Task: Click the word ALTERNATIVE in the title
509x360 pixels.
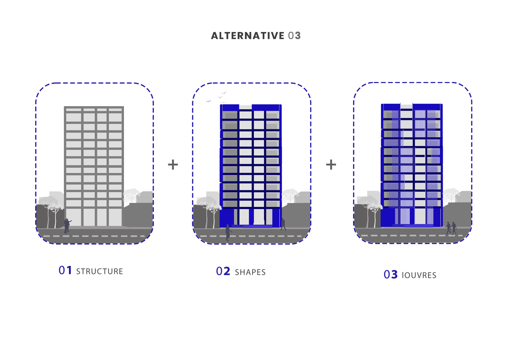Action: pyautogui.click(x=248, y=36)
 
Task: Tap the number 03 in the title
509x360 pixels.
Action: pyautogui.click(x=294, y=36)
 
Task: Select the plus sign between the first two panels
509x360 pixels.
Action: pyautogui.click(x=173, y=165)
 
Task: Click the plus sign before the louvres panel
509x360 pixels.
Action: pyautogui.click(x=331, y=165)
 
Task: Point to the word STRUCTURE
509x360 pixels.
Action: pyautogui.click(x=100, y=272)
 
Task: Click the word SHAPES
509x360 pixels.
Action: pyautogui.click(x=250, y=272)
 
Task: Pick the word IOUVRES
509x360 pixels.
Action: pyautogui.click(x=419, y=275)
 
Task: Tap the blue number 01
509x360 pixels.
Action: pyautogui.click(x=65, y=270)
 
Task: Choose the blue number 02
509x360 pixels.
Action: pyautogui.click(x=223, y=271)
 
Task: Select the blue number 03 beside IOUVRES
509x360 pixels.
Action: pyautogui.click(x=390, y=275)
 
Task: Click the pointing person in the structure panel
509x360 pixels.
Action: pyautogui.click(x=67, y=226)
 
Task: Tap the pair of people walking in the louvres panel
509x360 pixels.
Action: pyautogui.click(x=451, y=228)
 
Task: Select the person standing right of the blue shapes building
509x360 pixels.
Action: pyautogui.click(x=283, y=224)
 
